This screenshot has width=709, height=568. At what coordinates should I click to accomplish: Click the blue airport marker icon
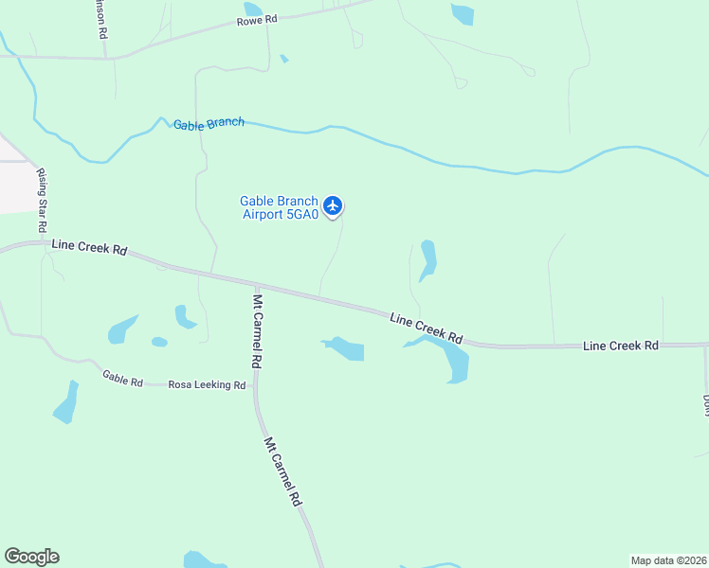click(332, 204)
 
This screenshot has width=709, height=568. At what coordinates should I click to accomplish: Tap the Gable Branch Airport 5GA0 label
click(279, 207)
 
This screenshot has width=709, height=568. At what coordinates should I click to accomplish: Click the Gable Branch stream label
click(209, 123)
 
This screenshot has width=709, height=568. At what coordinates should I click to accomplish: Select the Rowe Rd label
click(258, 19)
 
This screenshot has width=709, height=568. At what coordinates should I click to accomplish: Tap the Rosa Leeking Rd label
click(207, 385)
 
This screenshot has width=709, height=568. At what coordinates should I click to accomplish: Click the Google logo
click(31, 557)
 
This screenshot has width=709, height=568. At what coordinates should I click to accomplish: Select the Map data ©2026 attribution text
click(668, 559)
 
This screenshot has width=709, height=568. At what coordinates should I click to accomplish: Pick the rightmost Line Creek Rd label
click(621, 346)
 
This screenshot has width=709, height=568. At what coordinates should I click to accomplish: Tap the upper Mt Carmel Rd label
click(257, 330)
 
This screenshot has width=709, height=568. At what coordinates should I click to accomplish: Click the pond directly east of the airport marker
click(427, 259)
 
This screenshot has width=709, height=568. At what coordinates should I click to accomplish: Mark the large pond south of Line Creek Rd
click(453, 360)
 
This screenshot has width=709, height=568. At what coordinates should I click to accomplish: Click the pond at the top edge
click(463, 13)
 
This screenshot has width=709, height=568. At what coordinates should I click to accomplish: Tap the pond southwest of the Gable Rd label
click(66, 403)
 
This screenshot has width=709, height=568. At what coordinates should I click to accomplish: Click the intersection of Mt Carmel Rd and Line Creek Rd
click(255, 284)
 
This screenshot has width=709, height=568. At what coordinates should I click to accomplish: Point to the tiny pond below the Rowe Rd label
click(284, 59)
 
